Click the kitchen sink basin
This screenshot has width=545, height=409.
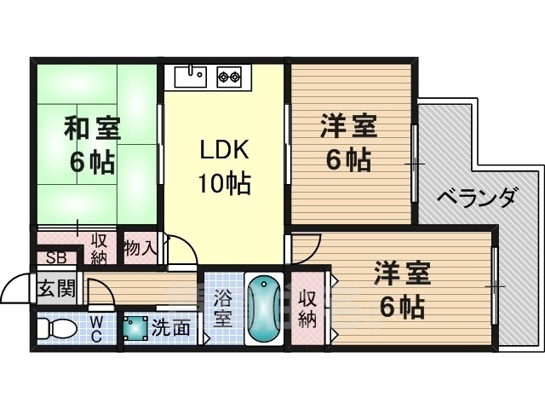tap(191, 77)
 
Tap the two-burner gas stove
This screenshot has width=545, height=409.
tap(229, 77)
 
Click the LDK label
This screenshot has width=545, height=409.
tap(224, 150)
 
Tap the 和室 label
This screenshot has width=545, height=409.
tap(93, 129)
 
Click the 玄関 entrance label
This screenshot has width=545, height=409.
tap(56, 288)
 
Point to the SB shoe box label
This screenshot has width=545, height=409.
tap(56, 258)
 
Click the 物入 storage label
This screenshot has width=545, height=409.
tap(139, 248)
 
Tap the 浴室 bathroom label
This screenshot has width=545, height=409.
tap(223, 308)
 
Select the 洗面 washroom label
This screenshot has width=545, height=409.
tap(171, 327)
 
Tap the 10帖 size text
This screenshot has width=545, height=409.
tap(224, 183)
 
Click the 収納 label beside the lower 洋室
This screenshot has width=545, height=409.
tap(307, 308)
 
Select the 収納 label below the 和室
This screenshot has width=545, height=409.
tap(99, 249)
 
